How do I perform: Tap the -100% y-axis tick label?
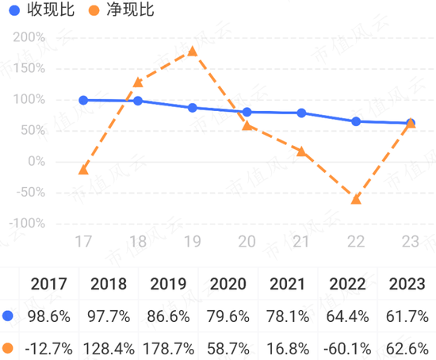pyautogui.click(x=27, y=223)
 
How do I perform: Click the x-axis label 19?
pyautogui.click(x=192, y=242)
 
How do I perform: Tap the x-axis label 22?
pyautogui.click(x=356, y=242)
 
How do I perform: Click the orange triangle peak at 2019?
pyautogui.click(x=192, y=51)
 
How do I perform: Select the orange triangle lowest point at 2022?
pyautogui.click(x=356, y=198)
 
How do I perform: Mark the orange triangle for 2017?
pyautogui.click(x=83, y=170)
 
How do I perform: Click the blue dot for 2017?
pyautogui.click(x=83, y=100)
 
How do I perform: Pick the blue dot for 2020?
pyautogui.click(x=247, y=112)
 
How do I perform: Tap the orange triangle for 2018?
pyautogui.click(x=138, y=82)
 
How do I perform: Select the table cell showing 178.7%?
pyautogui.click(x=168, y=347)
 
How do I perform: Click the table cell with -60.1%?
pyautogui.click(x=347, y=347)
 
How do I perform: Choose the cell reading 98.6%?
pyautogui.click(x=49, y=316)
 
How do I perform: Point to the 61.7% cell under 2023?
pyautogui.click(x=406, y=316)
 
